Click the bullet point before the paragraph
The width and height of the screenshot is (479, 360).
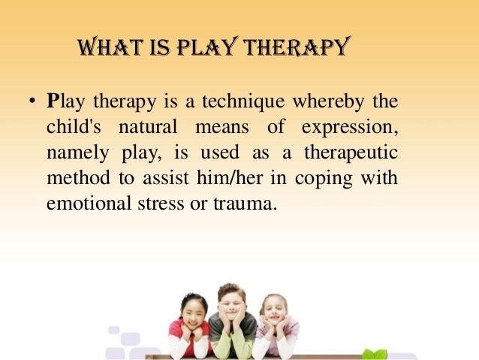coord(31,101)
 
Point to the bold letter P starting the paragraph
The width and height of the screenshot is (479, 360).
coord(52,100)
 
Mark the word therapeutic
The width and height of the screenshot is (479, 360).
coord(351,153)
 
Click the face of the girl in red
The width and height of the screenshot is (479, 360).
coord(193,311)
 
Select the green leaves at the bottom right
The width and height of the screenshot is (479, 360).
coord(375,353)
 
